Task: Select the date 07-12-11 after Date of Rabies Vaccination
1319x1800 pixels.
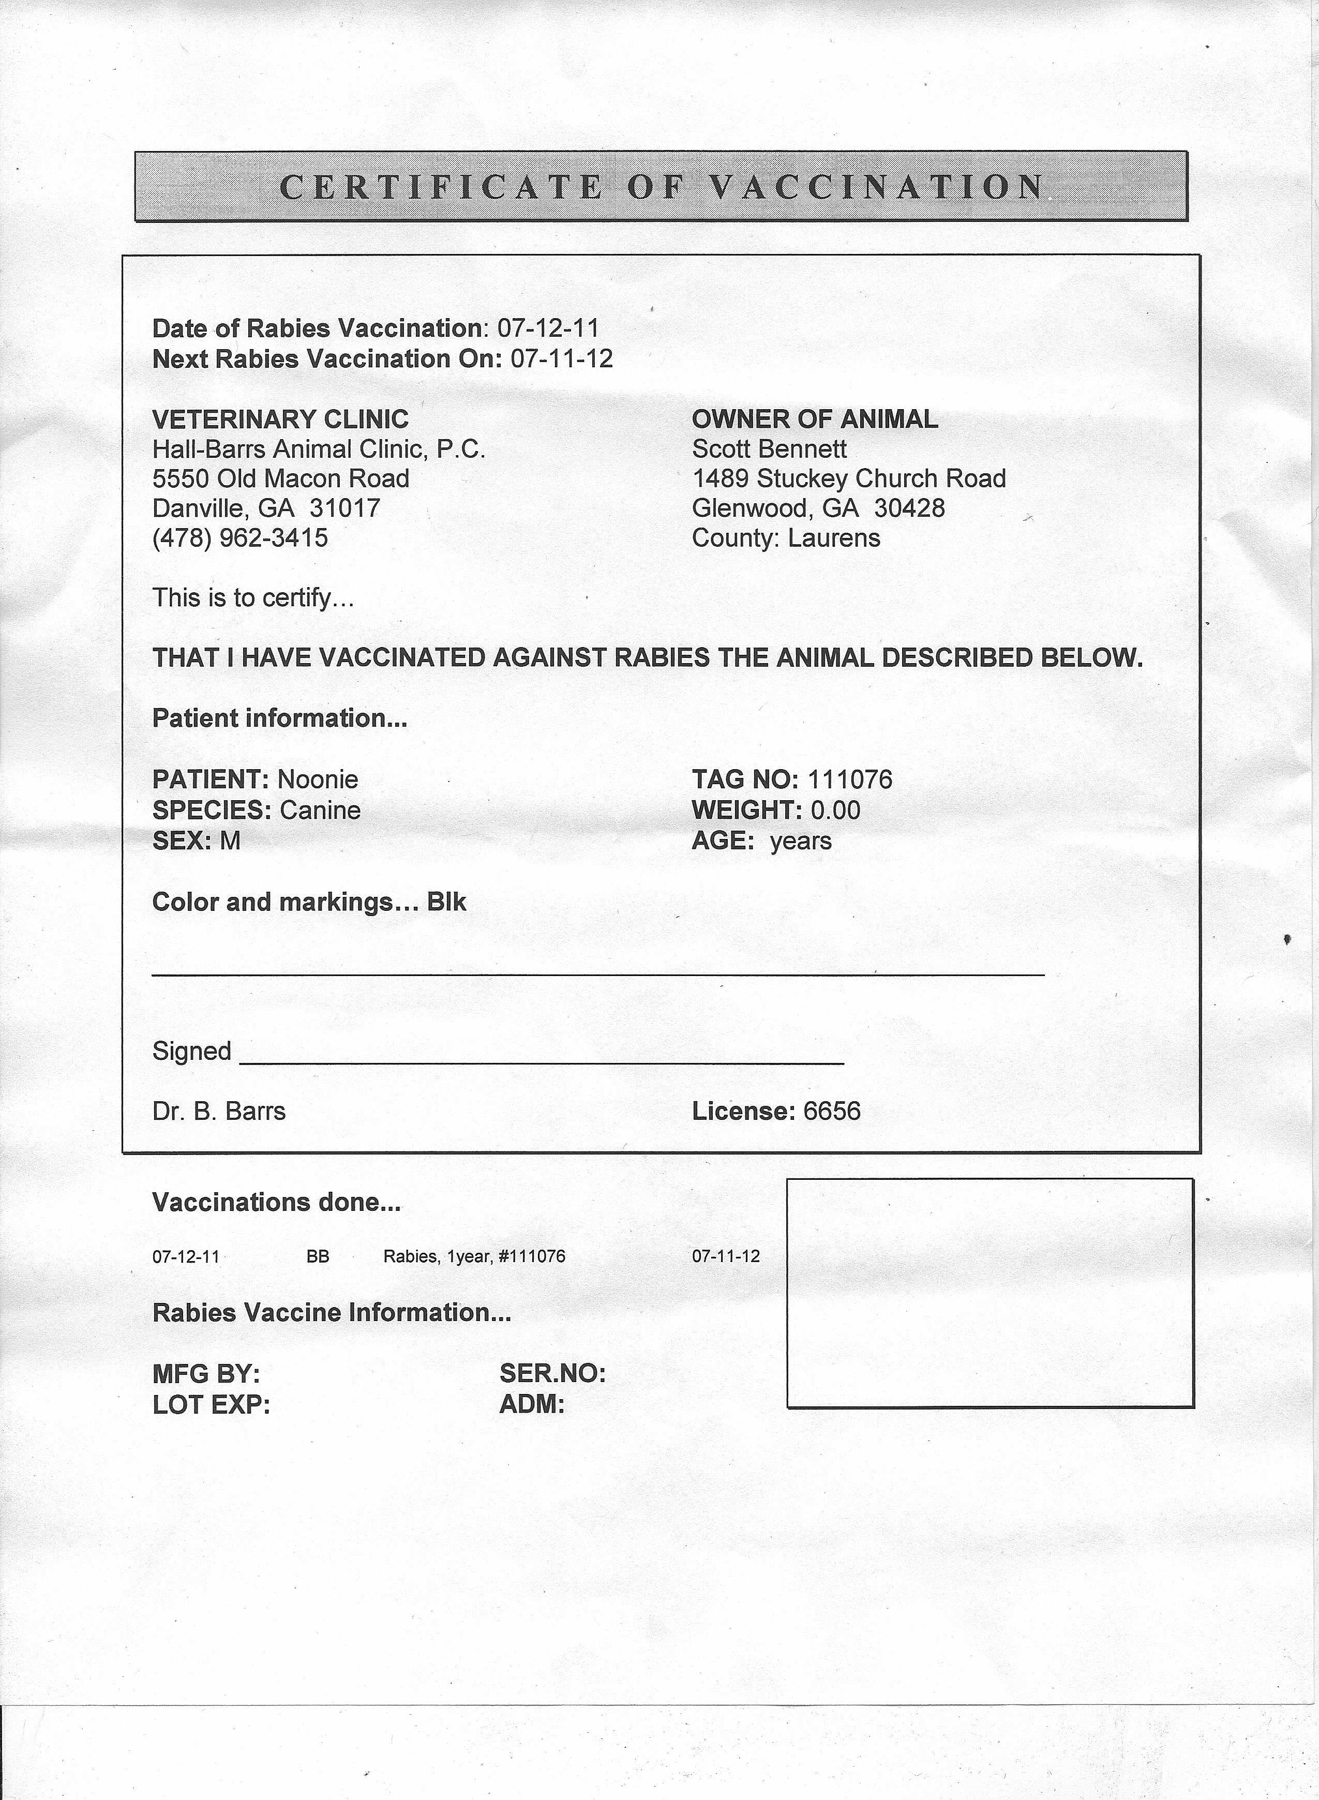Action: [548, 328]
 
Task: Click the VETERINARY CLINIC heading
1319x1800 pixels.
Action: [280, 419]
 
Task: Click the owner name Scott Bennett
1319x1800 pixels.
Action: [769, 448]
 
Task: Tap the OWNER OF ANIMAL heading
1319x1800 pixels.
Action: [814, 419]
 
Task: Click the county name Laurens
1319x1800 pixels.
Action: [834, 537]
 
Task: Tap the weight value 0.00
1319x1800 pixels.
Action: [835, 810]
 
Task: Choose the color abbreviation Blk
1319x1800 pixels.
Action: [446, 902]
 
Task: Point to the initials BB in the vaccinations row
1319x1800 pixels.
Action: [318, 1256]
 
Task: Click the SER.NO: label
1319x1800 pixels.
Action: [552, 1374]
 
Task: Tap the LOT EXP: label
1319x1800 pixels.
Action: [212, 1405]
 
